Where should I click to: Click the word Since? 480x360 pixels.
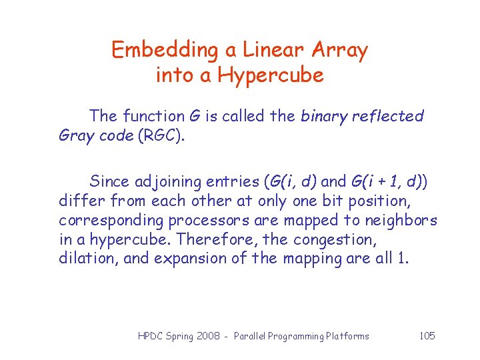[x=109, y=181]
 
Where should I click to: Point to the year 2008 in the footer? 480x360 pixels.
[x=209, y=336]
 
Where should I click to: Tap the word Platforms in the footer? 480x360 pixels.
[x=347, y=336]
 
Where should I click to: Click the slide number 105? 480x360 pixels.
[x=427, y=335]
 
